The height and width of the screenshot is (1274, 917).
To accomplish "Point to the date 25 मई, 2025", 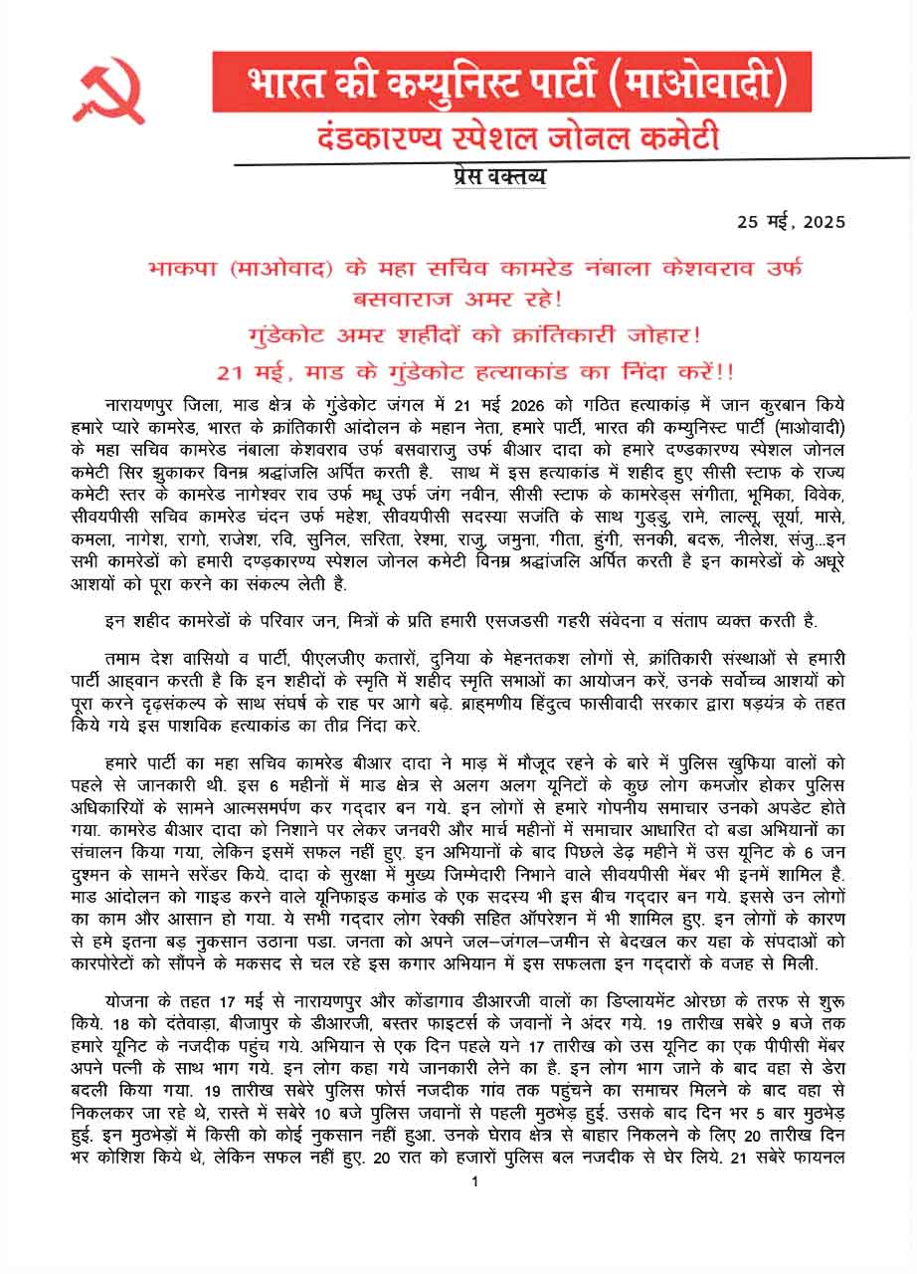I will pyautogui.click(x=791, y=221).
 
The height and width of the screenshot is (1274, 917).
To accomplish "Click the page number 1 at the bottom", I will pyautogui.click(x=475, y=1181).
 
